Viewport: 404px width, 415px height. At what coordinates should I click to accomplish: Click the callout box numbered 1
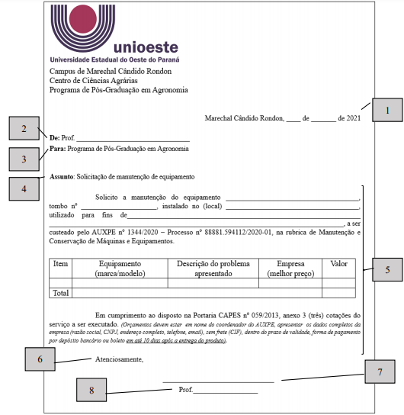386,110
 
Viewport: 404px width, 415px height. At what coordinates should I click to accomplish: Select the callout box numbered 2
24,129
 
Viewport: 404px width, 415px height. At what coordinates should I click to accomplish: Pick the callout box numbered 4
23,188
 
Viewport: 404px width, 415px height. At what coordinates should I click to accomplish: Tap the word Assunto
61,176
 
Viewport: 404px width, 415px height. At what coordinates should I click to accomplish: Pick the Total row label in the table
60,292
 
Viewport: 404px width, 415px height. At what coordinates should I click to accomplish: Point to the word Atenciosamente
119,359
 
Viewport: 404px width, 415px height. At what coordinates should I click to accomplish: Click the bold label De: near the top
54,137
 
